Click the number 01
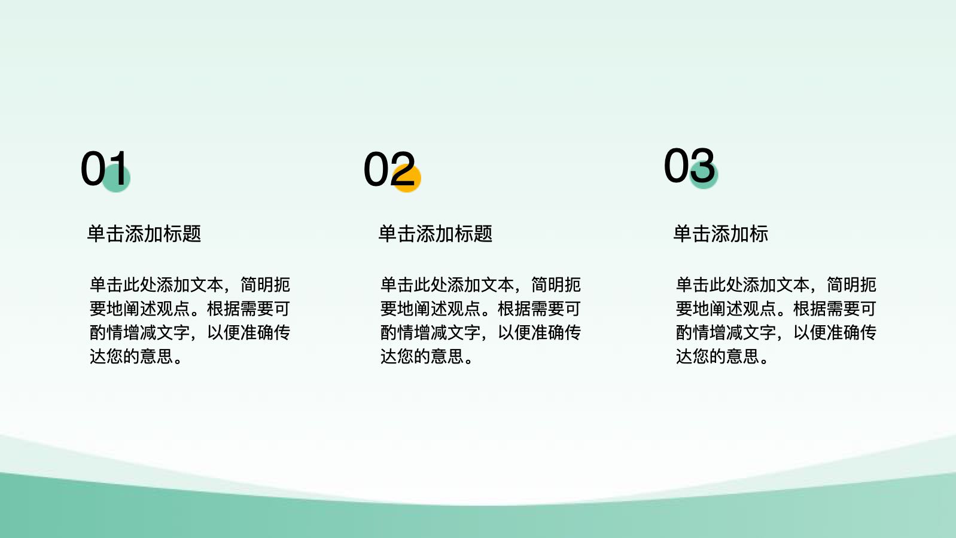pos(104,169)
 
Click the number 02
pos(389,169)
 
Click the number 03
pos(689,166)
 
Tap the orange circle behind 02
pos(406,178)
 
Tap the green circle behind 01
pos(115,178)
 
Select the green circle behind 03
pos(704,175)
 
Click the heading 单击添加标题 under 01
pos(144,234)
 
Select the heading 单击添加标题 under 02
pos(436,234)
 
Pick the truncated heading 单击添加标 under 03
pos(721,234)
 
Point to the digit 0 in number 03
pos(677,166)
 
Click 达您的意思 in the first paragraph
pos(131,356)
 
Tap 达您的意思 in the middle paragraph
pos(422,356)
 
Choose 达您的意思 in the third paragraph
pos(717,356)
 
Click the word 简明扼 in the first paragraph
pos(266,285)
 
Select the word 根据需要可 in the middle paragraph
pos(540,308)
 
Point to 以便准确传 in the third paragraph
pos(835,332)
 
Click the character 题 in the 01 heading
pos(191,234)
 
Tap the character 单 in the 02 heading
pos(388,234)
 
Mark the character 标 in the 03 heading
pos(759,234)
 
